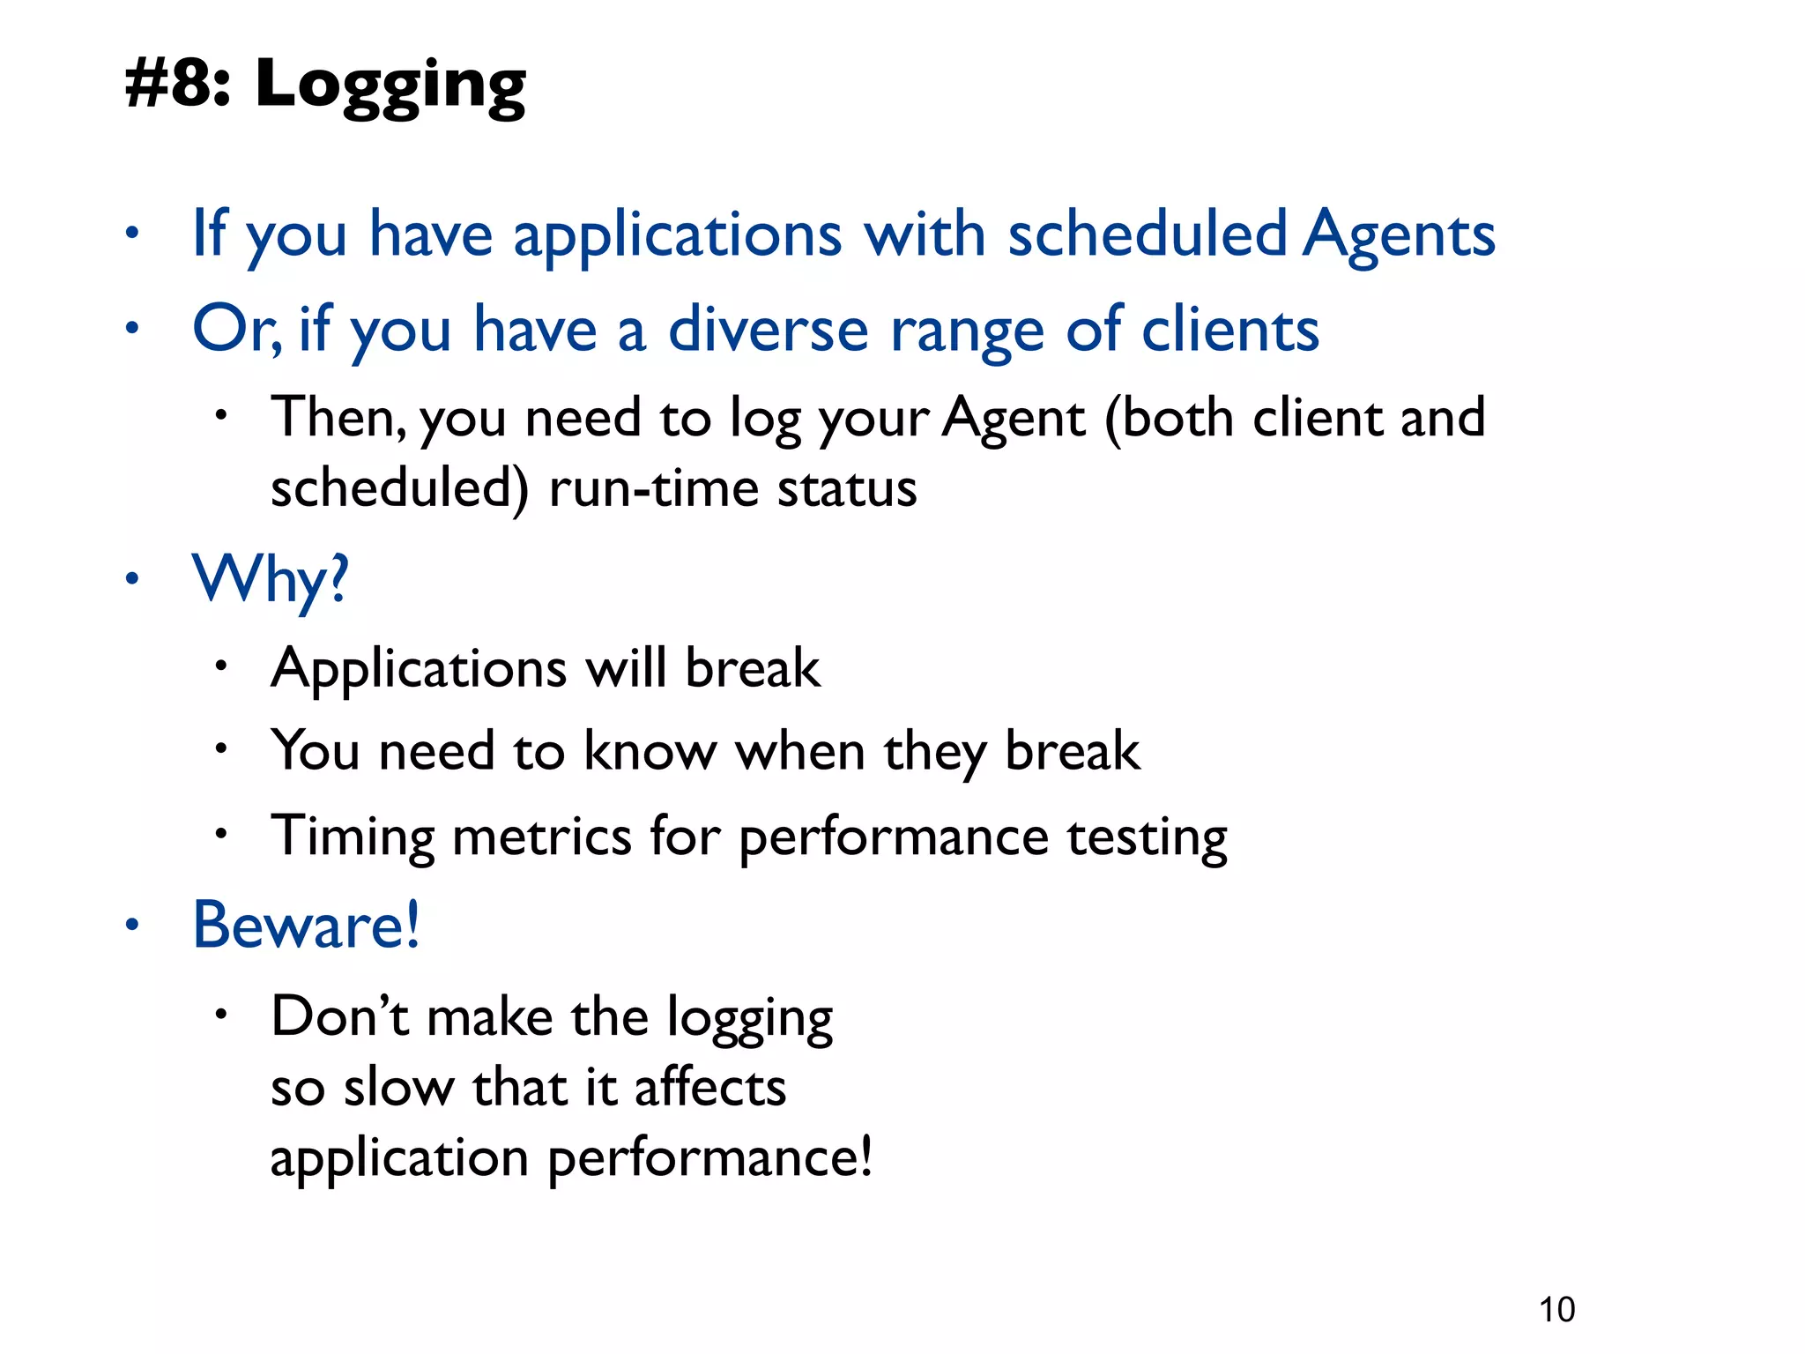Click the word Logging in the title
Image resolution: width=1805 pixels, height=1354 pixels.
(390, 86)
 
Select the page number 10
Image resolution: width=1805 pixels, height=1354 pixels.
(1556, 1309)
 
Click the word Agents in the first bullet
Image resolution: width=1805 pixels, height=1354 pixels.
(1400, 234)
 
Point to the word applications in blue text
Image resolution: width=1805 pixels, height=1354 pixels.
(678, 236)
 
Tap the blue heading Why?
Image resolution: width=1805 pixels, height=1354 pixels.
(271, 580)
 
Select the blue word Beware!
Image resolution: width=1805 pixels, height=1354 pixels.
(306, 925)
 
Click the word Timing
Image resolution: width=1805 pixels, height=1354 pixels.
(353, 837)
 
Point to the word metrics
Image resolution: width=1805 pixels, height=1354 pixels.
(541, 836)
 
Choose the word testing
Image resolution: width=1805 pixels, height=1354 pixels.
(1147, 837)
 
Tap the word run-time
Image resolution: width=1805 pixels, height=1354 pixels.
(653, 488)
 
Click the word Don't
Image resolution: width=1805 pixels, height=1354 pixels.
(339, 1015)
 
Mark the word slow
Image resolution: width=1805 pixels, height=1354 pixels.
(397, 1087)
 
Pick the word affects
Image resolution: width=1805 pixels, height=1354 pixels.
(709, 1087)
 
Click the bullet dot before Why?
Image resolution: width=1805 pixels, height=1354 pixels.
(131, 579)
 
